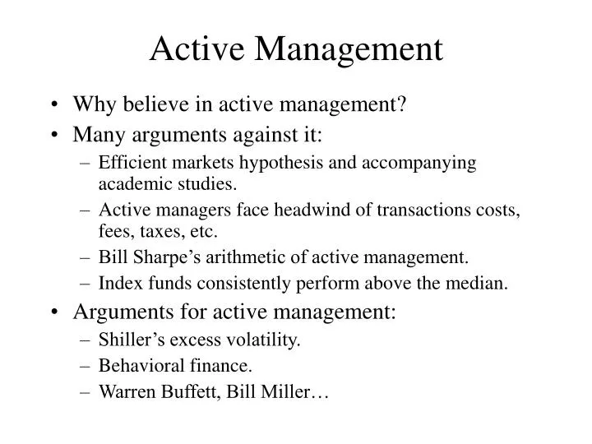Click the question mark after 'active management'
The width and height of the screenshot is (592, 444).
404,104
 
